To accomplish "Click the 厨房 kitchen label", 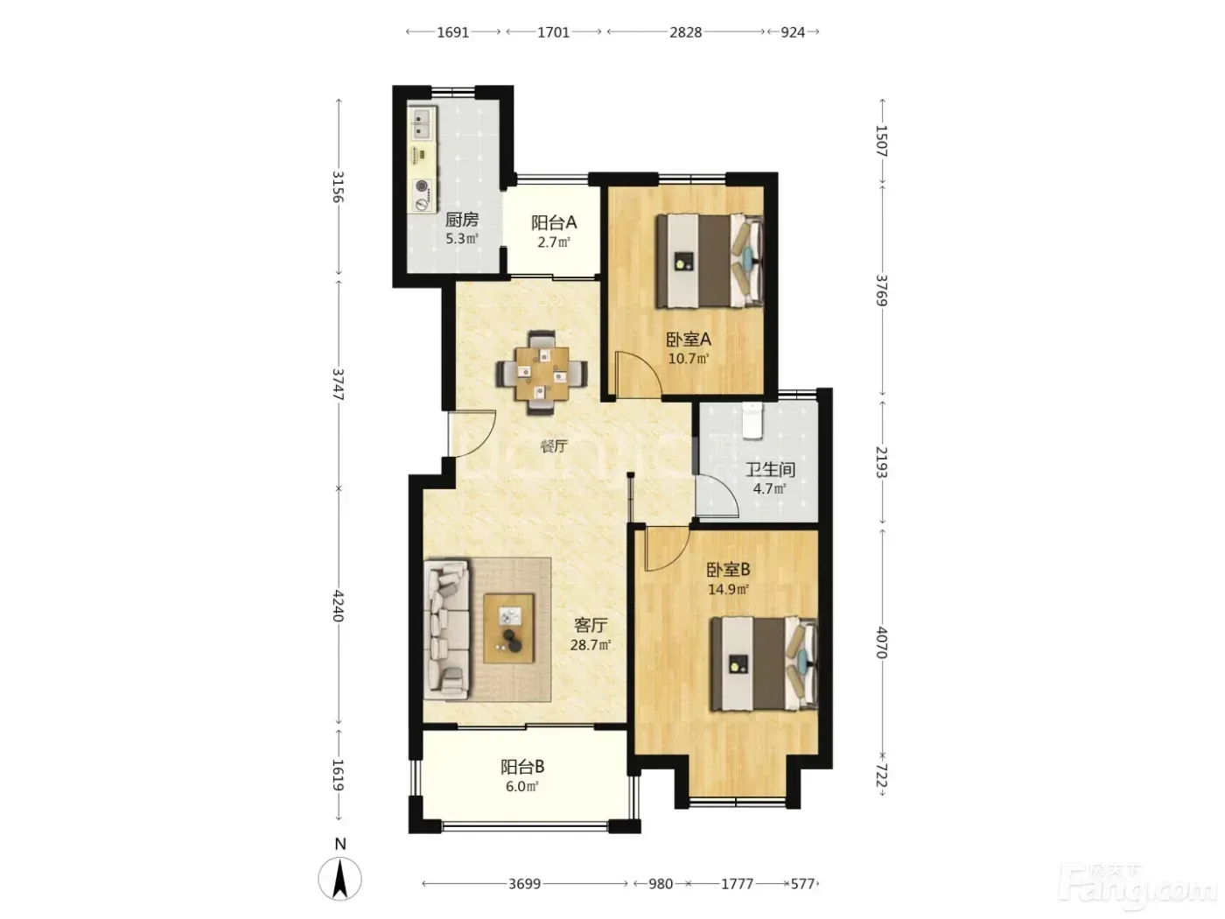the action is [461, 220].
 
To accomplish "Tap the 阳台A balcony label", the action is [554, 222].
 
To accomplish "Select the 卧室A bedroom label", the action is [689, 339].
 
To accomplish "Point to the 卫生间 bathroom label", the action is [770, 470].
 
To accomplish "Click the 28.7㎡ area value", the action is [591, 645].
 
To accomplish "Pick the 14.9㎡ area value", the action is [728, 589].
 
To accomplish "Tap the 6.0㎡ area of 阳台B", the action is [521, 787].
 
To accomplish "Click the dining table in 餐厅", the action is [542, 374].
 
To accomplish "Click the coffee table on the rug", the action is [508, 628].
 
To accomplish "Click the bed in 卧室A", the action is [710, 261].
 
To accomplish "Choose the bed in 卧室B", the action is [764, 663].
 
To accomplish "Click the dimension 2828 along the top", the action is [685, 32].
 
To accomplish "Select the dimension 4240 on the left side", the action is [339, 606].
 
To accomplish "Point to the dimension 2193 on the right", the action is [881, 462].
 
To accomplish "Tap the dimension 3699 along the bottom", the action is [525, 884].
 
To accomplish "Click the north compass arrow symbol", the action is [339, 879].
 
